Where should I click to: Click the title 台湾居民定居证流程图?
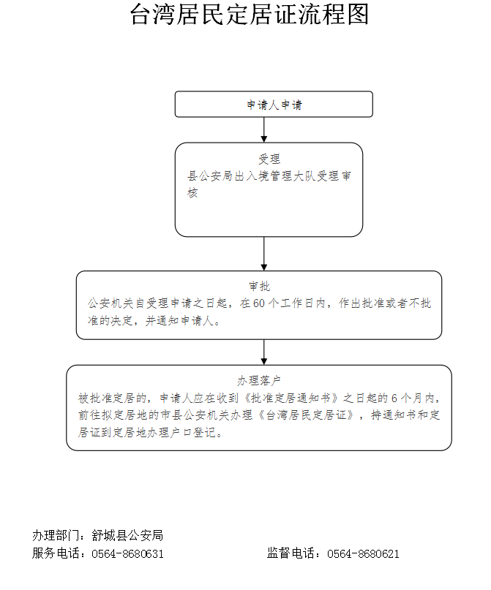click(250, 15)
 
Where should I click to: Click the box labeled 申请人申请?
click(274, 105)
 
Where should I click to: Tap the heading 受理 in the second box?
click(269, 159)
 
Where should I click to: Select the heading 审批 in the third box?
click(260, 287)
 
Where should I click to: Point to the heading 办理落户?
click(259, 381)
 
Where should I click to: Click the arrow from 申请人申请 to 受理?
click(264, 130)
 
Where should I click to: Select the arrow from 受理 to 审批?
click(264, 254)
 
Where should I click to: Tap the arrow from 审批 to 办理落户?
click(264, 352)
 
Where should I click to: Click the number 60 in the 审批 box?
click(259, 303)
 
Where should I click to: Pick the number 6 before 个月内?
click(394, 398)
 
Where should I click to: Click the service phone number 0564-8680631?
click(127, 554)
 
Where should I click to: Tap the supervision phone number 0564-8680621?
click(364, 554)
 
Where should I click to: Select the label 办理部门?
click(55, 535)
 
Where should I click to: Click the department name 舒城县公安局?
click(127, 535)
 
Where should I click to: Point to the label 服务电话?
click(55, 553)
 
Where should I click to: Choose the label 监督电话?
click(291, 553)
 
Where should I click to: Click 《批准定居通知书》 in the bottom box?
click(292, 398)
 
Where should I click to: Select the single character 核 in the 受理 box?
click(192, 193)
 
